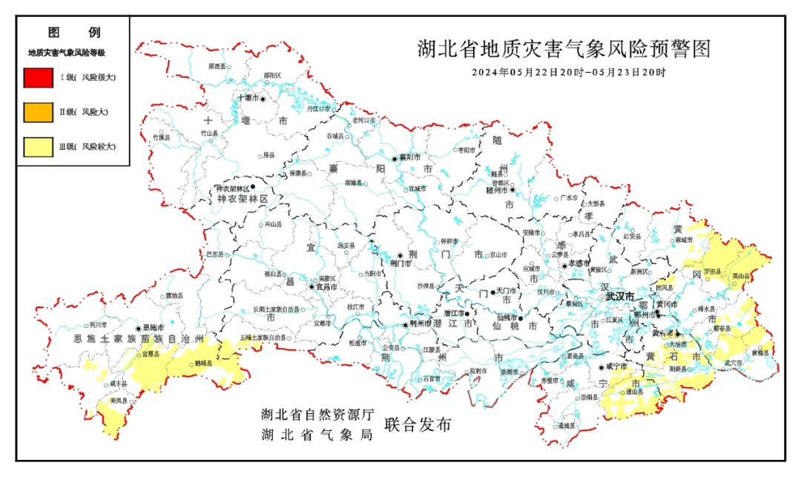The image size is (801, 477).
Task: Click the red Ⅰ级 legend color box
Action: tap(37, 77)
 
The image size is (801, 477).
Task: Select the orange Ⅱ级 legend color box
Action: tap(37, 112)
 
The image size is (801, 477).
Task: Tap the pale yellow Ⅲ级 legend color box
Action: tap(37, 147)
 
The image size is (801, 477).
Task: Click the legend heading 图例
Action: tap(73, 33)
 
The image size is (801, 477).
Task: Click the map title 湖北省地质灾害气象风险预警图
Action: tap(564, 50)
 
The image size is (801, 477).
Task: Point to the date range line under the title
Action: tap(569, 73)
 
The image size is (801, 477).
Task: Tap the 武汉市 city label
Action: tap(620, 297)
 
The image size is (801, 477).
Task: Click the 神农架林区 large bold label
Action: tap(243, 200)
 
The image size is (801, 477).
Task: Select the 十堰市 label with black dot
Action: tap(247, 98)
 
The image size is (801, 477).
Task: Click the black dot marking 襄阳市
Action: tap(395, 158)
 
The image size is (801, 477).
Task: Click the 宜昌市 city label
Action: tap(327, 286)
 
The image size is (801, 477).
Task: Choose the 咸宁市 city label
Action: tap(617, 366)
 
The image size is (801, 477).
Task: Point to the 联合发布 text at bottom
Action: tap(418, 426)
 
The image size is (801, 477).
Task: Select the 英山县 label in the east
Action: tap(739, 275)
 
